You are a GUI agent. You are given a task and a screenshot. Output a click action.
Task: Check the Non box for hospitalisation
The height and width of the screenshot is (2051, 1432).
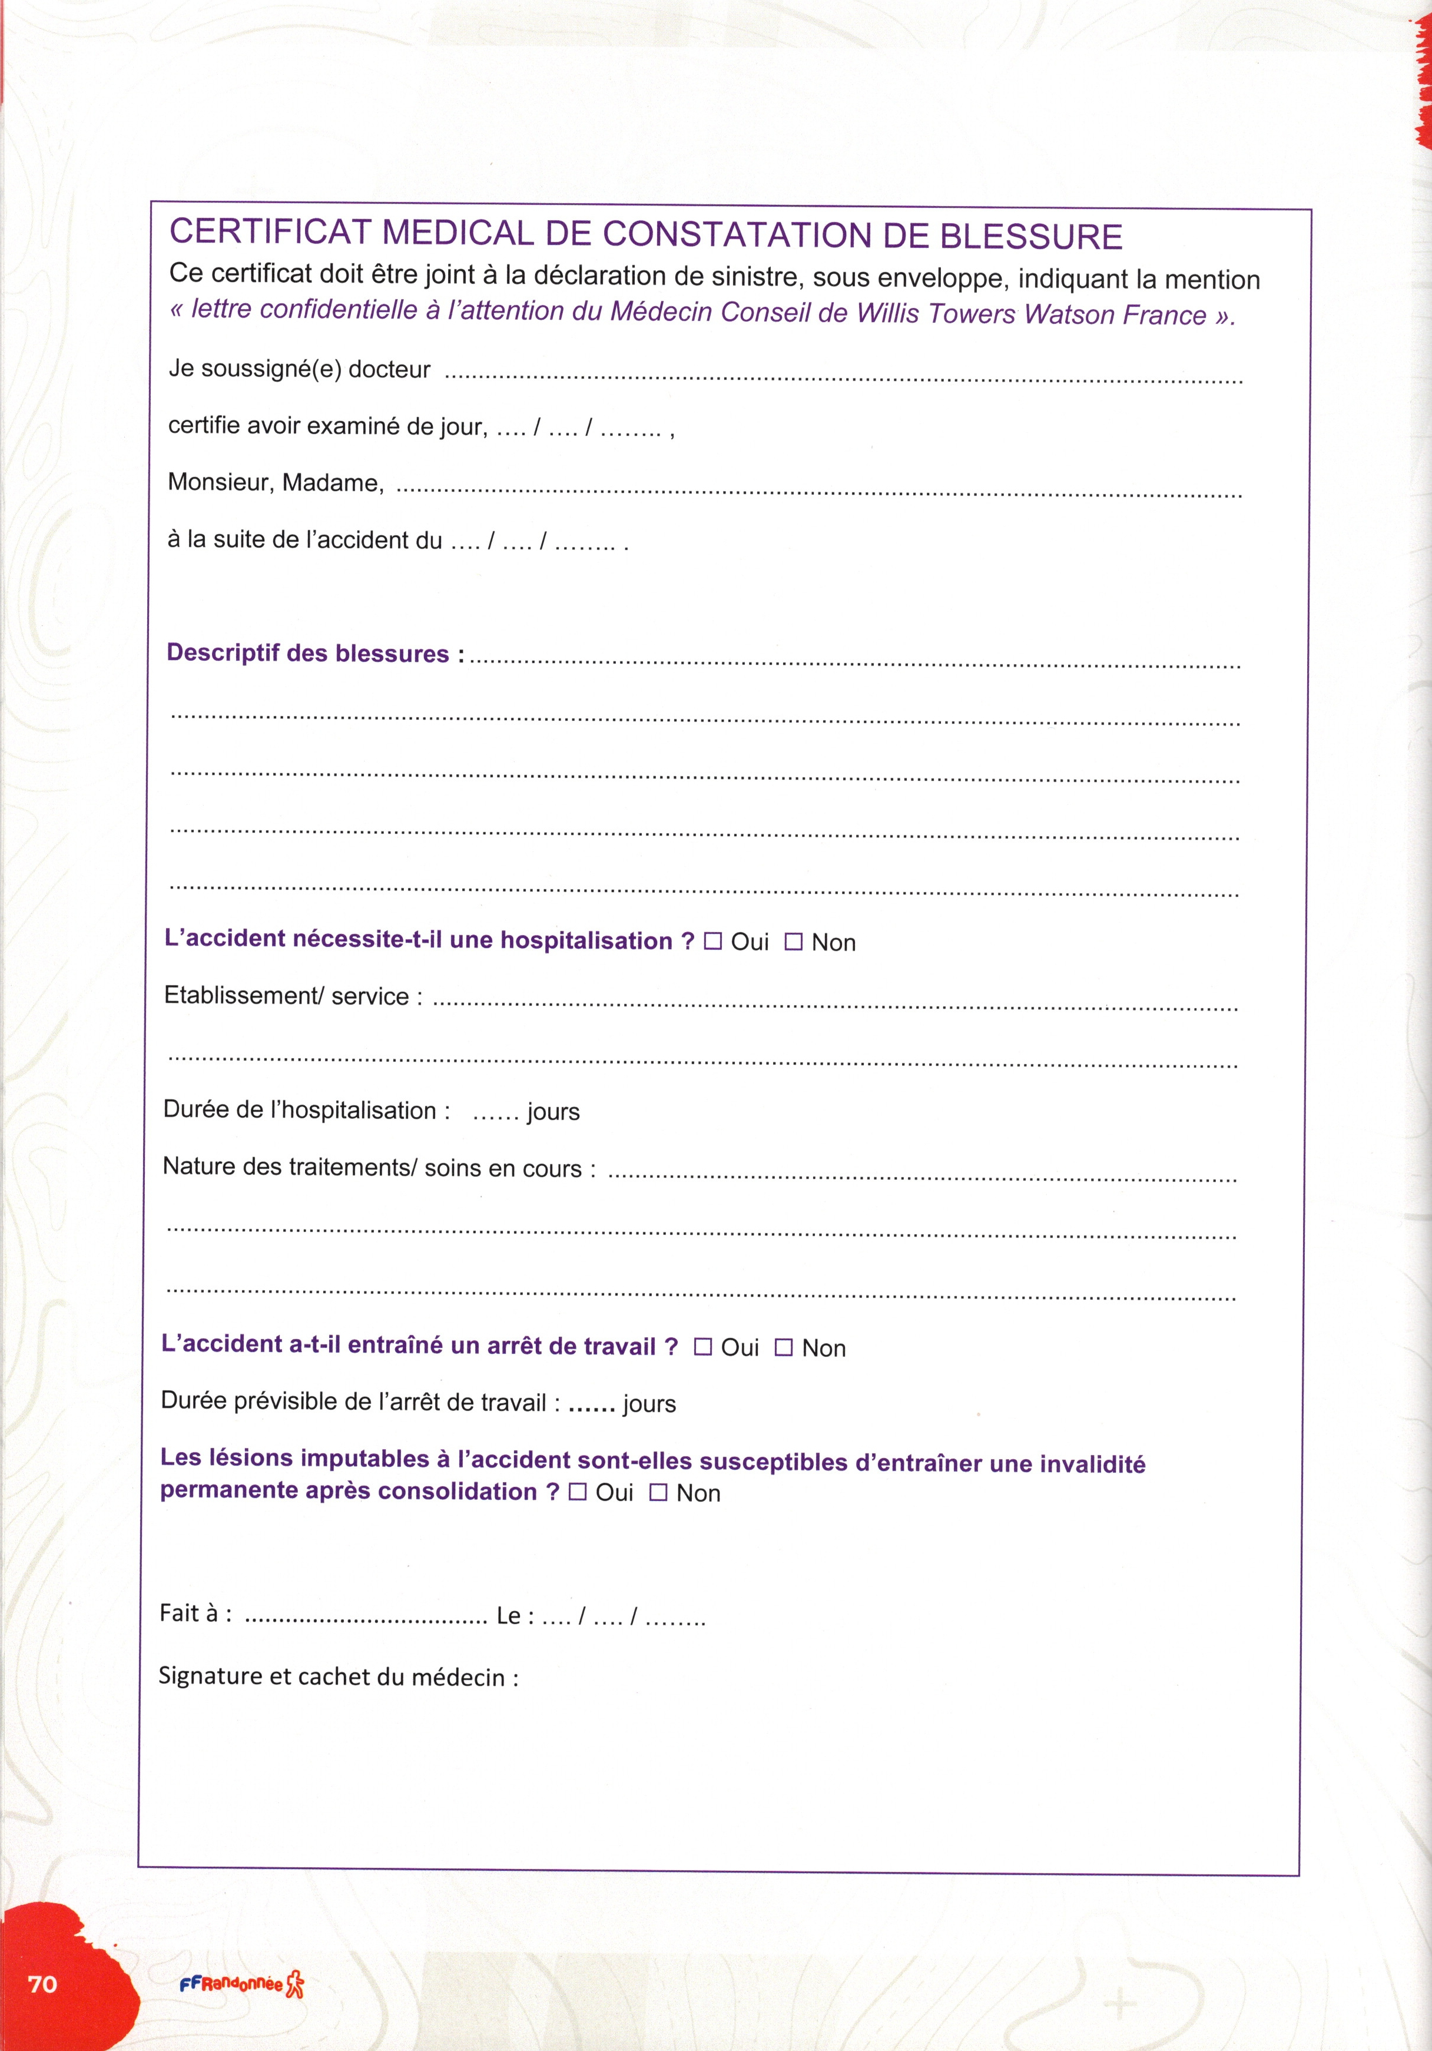click(x=793, y=942)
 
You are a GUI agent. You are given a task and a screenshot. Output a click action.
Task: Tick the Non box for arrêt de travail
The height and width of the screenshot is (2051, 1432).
click(x=784, y=1347)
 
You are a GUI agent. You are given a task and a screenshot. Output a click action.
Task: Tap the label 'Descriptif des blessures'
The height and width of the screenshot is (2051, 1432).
click(x=307, y=653)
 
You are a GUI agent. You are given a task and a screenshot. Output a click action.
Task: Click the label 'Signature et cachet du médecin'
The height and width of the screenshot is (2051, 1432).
click(x=337, y=1676)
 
